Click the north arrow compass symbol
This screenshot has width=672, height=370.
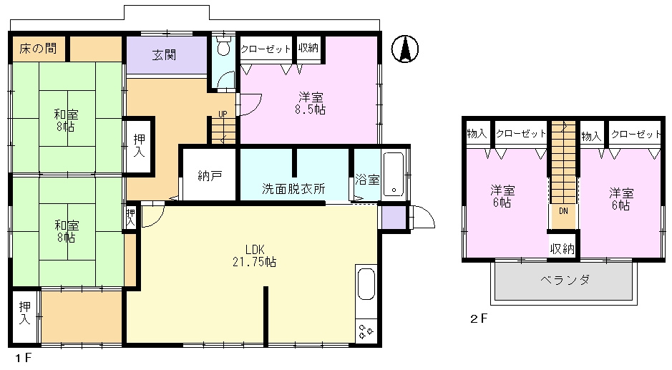coord(405,49)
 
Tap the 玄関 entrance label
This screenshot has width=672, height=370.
coord(164,55)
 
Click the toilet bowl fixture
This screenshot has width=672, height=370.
coord(223,46)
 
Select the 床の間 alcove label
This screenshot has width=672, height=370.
coord(38,49)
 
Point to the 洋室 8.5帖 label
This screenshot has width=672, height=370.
coord(311,103)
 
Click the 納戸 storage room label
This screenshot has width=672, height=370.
coord(210,175)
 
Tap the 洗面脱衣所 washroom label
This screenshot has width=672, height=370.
coord(293,189)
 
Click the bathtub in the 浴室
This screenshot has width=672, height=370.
coord(394,174)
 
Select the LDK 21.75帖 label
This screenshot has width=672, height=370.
coord(254,255)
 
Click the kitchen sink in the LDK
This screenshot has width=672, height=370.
coord(366,283)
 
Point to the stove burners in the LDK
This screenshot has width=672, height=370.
coord(366,331)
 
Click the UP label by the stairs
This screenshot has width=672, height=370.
coord(223,114)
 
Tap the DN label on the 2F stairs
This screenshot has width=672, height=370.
coord(563,211)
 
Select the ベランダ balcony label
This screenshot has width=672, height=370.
coord(565,281)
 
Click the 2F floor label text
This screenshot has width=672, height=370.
coord(479,318)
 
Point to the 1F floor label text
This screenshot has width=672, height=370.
coord(24,358)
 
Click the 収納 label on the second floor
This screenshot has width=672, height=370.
coord(563,248)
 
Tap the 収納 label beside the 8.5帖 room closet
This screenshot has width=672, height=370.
coord(308,48)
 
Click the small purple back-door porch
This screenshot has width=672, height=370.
coord(394,218)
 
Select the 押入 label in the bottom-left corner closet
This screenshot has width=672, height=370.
coord(25,313)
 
